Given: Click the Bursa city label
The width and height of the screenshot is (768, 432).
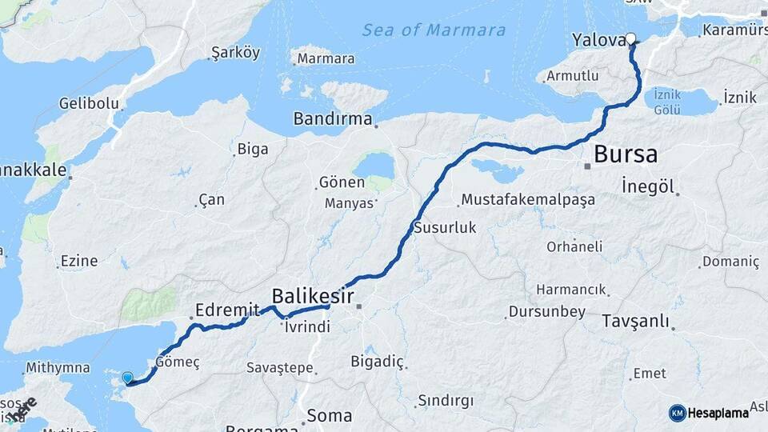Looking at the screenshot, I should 626,154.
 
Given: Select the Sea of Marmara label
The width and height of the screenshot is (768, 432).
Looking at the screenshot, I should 434,30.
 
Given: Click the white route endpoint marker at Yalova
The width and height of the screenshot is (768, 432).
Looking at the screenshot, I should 630,38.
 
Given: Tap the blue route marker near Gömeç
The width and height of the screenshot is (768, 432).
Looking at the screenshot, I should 127,378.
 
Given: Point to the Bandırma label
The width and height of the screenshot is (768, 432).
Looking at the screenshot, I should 332,119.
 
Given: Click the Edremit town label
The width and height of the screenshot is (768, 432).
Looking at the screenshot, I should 227,310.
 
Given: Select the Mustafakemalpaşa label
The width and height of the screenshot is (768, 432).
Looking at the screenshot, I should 528,200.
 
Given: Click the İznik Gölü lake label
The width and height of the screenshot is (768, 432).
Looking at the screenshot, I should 666,102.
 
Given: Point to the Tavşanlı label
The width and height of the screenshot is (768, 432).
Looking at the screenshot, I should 635,322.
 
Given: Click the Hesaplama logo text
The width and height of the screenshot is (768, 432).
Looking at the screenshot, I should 718,413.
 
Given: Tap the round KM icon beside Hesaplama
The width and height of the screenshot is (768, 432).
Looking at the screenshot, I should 677,413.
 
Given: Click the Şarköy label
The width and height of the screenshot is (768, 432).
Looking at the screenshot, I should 235,54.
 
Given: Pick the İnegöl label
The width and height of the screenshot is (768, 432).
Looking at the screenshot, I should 648,186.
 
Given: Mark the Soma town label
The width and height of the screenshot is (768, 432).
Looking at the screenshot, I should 329,415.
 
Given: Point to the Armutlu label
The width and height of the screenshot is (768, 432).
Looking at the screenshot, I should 571,76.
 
